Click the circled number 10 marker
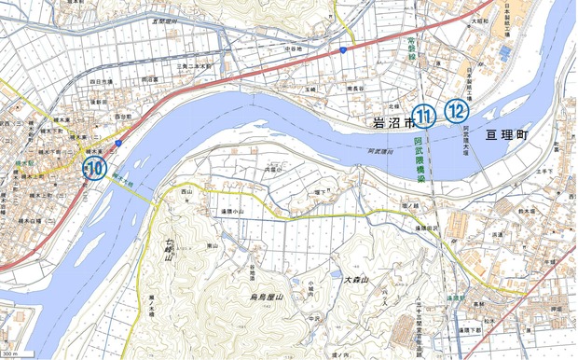(94, 169)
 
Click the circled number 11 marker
(425, 117)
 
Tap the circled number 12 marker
(455, 111)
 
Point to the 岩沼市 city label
(392, 120)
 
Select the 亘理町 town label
(505, 135)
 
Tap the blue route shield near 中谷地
(343, 48)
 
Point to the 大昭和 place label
(480, 19)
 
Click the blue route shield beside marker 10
(118, 143)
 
